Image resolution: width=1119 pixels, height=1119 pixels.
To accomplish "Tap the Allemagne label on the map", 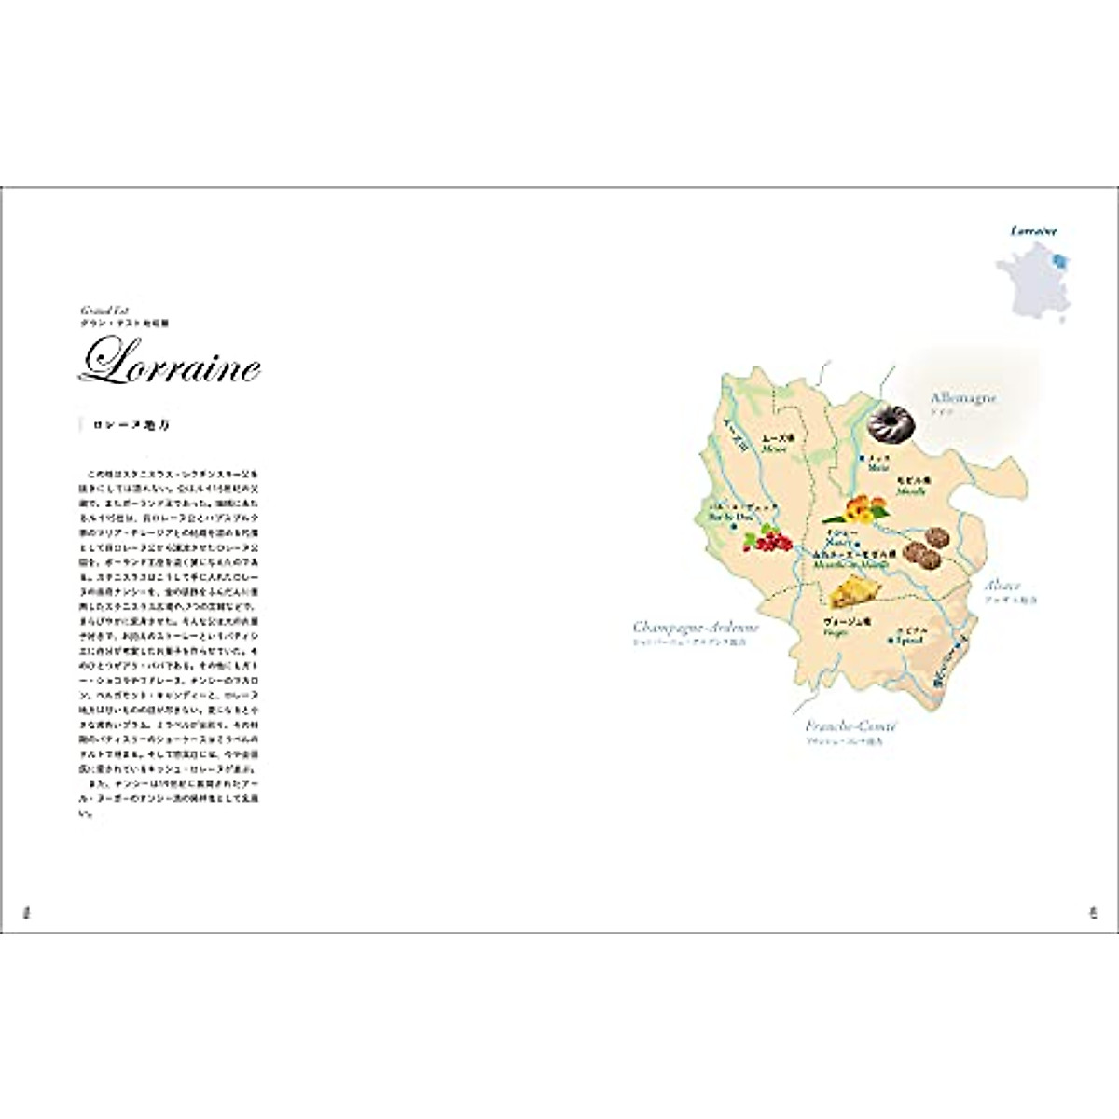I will (963, 398).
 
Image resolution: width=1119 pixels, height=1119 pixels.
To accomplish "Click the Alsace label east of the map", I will (1002, 587).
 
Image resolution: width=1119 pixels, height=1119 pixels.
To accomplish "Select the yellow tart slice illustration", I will (854, 592).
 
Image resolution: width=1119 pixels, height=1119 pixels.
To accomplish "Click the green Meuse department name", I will (775, 449).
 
